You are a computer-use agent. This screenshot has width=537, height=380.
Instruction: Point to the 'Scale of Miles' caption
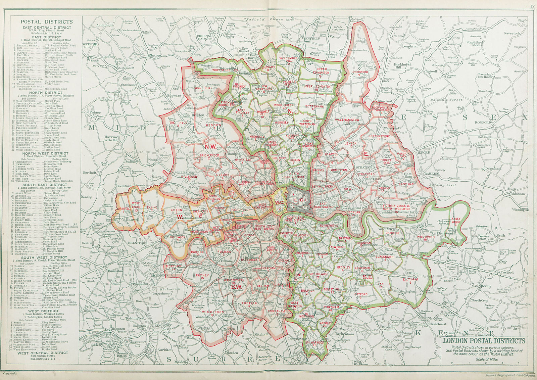[486, 359]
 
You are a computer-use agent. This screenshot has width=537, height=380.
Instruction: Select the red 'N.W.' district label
[211, 146]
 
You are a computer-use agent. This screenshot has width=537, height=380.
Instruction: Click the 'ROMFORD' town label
[483, 123]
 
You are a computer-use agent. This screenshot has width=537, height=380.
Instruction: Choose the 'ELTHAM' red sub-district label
[410, 279]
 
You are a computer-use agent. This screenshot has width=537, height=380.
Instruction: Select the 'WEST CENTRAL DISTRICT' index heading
[43, 353]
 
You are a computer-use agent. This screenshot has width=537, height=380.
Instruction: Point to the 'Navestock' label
[512, 34]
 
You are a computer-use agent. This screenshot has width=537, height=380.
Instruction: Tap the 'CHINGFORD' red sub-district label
[360, 72]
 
